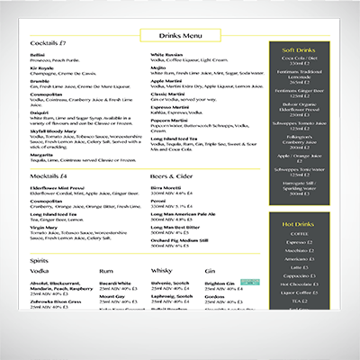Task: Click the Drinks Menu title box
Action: (179, 35)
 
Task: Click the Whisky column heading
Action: (162, 270)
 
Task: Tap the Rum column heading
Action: (106, 270)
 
